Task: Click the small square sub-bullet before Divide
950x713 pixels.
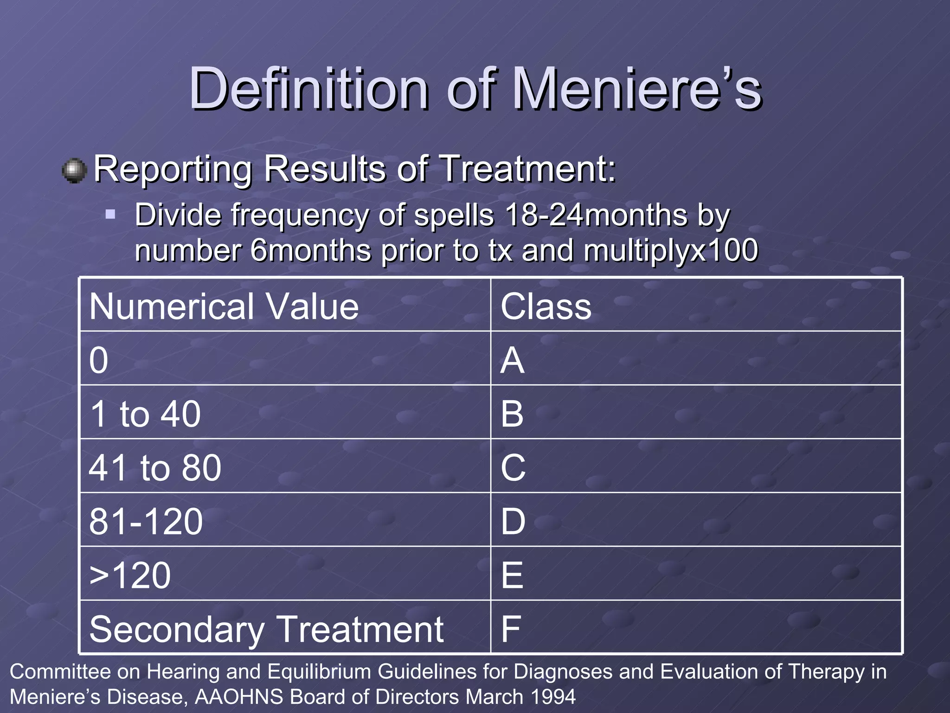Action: tap(110, 214)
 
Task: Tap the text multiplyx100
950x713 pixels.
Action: tap(671, 251)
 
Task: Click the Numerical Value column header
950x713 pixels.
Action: tap(224, 306)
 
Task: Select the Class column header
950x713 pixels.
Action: tap(546, 306)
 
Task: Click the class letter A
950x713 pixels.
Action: tap(513, 360)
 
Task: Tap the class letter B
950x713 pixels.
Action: tap(512, 414)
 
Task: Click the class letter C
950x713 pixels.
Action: tap(513, 467)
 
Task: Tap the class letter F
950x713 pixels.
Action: tap(511, 629)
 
